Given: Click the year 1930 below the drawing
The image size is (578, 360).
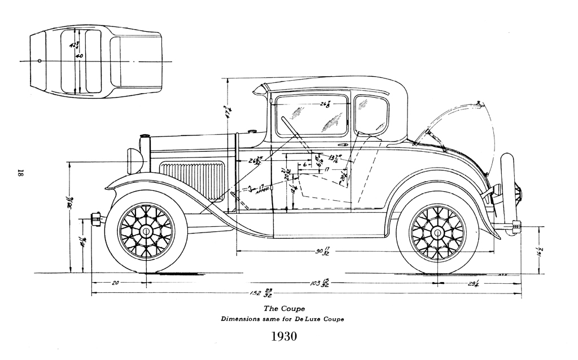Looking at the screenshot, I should point(283,337).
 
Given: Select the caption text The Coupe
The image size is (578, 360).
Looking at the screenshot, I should point(284,309).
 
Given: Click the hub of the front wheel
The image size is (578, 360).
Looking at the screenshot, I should point(146,231).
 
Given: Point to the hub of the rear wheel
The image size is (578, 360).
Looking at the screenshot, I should point(437,232).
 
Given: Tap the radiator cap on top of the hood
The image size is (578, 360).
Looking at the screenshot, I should point(145,136).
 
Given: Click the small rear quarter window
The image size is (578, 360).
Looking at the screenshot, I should point(371,115).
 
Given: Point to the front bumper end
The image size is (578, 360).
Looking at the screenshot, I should point(95,218).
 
